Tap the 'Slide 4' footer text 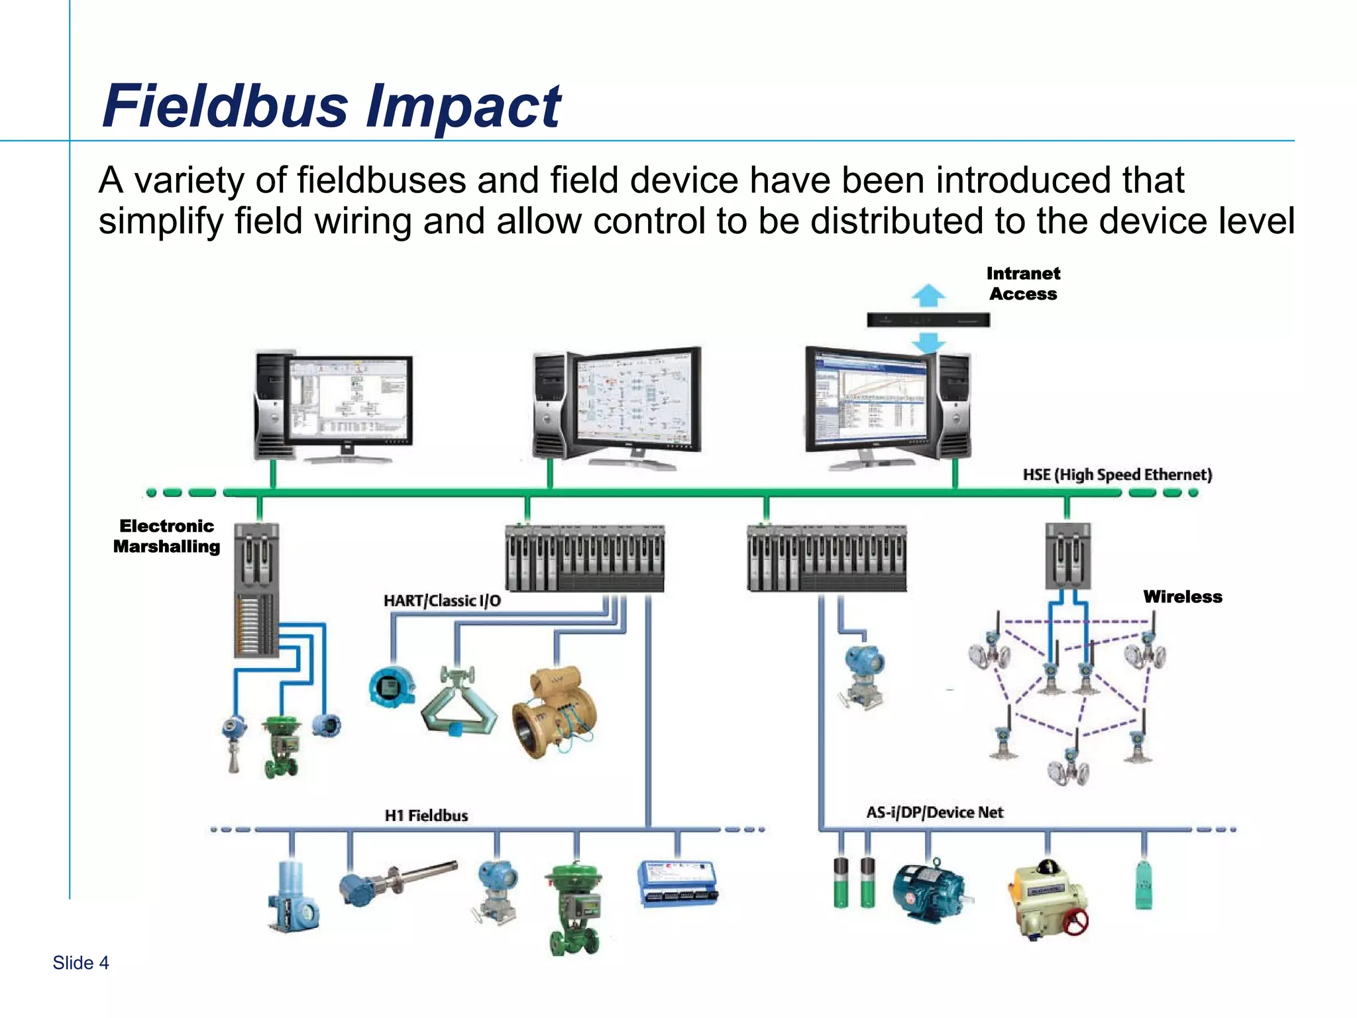(80, 962)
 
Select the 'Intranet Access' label (1023, 284)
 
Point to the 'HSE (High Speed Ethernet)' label (1117, 475)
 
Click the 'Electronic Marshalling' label (166, 536)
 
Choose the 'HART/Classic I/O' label (442, 600)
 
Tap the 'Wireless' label (1182, 596)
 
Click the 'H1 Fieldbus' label (426, 815)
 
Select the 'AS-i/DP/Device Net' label (934, 813)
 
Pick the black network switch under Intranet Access (928, 320)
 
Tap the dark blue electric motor (928, 891)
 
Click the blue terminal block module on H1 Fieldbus (677, 883)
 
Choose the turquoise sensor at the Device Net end (1144, 885)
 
